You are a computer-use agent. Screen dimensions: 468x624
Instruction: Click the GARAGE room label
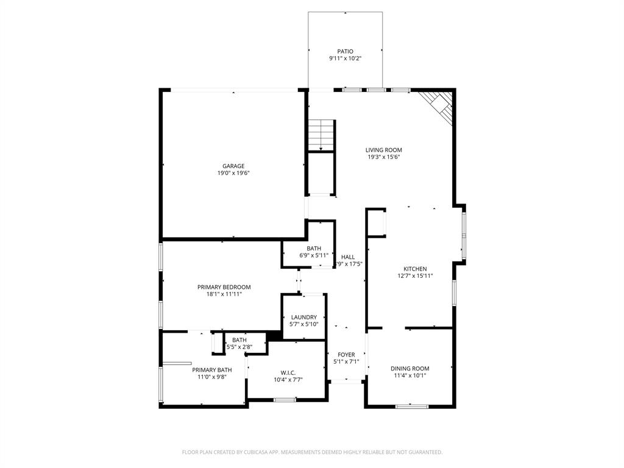tap(233, 166)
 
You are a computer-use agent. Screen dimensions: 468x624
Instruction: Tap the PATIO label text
tap(346, 52)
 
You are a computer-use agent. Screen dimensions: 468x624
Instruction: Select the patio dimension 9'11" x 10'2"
tap(346, 59)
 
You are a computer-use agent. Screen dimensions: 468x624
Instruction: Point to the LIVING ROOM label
tap(383, 150)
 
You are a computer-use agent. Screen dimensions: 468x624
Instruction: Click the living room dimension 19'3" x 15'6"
tap(383, 157)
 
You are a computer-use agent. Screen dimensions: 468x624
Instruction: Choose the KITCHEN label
tap(415, 269)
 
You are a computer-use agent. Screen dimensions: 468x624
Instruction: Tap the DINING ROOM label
tap(409, 368)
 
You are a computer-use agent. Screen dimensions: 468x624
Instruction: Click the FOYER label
tap(346, 355)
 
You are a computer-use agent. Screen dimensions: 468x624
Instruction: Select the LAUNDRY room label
tap(303, 317)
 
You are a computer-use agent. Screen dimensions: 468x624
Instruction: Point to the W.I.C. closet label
tap(288, 372)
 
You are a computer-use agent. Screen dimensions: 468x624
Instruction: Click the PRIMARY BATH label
tap(212, 370)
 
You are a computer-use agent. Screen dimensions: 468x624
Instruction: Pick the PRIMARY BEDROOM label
tap(224, 287)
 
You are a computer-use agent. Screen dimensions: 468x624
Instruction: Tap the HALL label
tap(348, 257)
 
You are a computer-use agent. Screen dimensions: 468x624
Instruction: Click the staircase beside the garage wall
tap(321, 135)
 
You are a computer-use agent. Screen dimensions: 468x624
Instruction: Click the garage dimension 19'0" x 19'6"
tap(233, 173)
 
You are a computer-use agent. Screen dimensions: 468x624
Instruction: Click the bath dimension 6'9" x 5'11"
tap(314, 256)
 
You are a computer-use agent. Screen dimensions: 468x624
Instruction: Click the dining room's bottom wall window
tap(412, 406)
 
